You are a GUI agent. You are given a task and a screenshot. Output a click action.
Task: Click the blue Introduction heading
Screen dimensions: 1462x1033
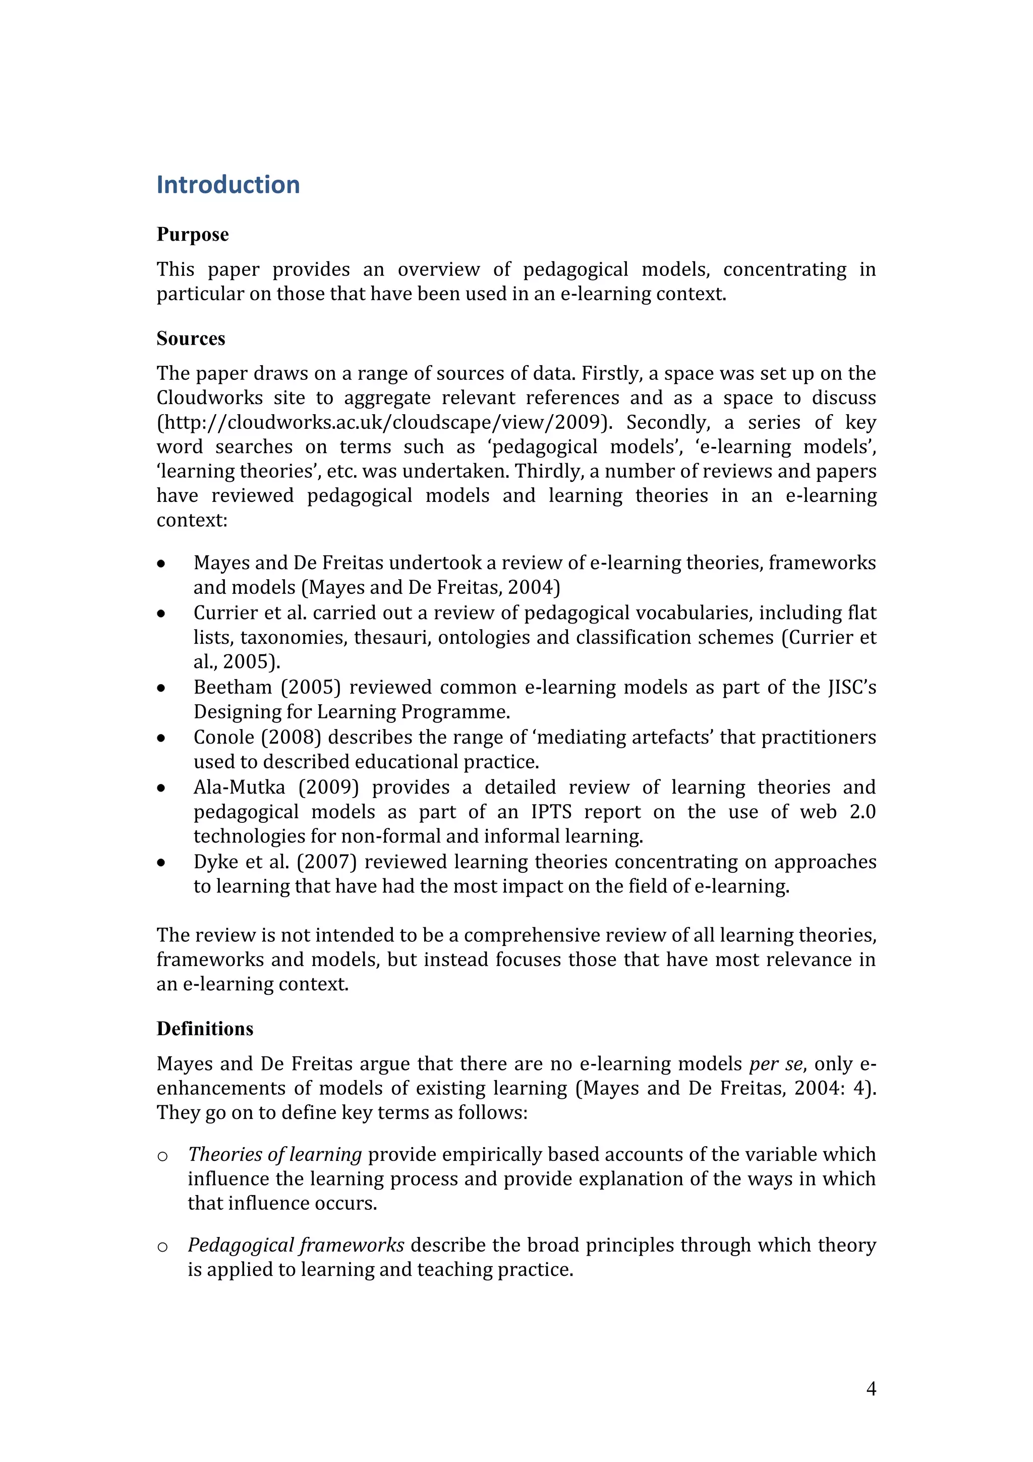click(x=228, y=185)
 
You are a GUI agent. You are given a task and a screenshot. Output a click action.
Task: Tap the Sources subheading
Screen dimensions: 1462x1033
click(x=190, y=339)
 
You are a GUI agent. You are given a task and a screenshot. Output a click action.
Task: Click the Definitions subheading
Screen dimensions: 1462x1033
click(x=204, y=1029)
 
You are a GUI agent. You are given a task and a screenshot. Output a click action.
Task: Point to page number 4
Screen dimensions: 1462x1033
click(x=871, y=1388)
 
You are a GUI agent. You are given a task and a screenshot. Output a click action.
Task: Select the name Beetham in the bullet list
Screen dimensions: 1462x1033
click(x=233, y=688)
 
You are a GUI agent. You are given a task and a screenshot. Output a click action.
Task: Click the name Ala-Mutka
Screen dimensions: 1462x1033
click(x=239, y=788)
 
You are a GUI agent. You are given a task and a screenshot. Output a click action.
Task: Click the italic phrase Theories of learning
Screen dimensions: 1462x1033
click(x=275, y=1154)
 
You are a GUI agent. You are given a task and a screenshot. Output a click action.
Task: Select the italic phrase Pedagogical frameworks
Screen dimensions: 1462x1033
click(x=296, y=1245)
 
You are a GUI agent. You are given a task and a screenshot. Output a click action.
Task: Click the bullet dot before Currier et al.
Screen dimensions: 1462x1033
click(x=162, y=614)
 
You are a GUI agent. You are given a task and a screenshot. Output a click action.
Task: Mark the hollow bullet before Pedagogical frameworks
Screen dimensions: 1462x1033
click(x=162, y=1247)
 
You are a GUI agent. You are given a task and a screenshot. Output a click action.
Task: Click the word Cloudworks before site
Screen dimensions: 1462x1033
click(x=209, y=398)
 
